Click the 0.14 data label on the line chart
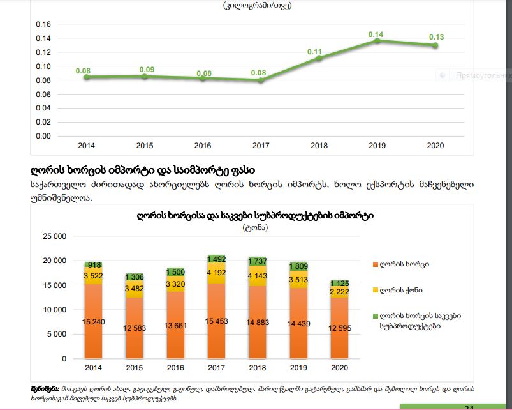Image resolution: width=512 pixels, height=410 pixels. (x=376, y=34)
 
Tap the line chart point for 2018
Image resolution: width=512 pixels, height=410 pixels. (x=319, y=58)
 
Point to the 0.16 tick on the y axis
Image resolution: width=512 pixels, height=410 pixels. (x=43, y=24)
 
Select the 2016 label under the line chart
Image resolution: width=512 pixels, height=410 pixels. (x=202, y=146)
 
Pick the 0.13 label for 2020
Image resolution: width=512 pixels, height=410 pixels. (x=436, y=37)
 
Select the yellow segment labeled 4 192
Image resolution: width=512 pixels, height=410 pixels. (x=216, y=271)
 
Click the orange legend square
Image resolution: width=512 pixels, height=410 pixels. (x=375, y=264)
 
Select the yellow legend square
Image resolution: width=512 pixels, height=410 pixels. (x=375, y=290)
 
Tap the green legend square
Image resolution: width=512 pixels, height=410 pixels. (x=375, y=316)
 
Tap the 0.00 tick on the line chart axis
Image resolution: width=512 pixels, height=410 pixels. (x=43, y=136)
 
